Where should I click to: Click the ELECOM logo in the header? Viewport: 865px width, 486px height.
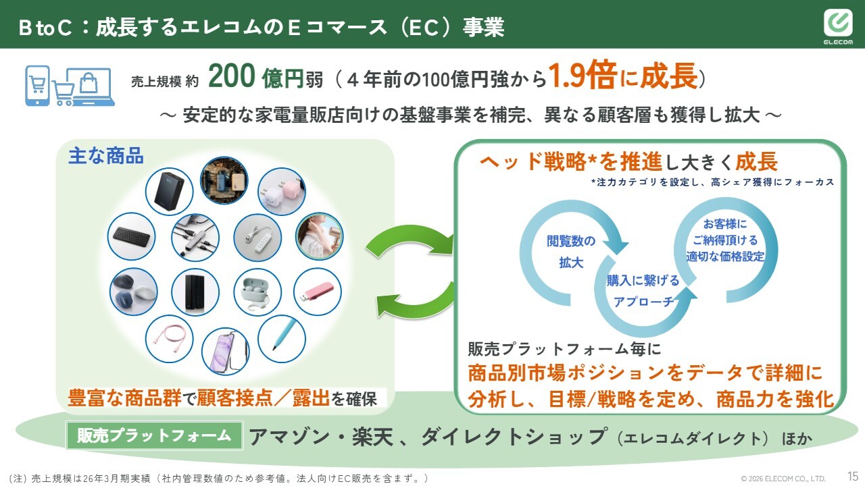click(x=838, y=27)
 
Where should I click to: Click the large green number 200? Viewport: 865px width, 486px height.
click(x=232, y=76)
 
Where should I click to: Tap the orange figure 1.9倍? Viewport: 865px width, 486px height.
click(x=582, y=75)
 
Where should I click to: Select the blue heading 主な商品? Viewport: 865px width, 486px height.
click(x=106, y=156)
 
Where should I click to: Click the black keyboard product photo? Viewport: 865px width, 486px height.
click(x=131, y=236)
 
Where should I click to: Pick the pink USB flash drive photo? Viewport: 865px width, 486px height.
click(x=318, y=292)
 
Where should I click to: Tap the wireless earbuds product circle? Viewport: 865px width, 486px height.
click(x=257, y=292)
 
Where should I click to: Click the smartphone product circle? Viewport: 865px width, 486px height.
click(x=225, y=352)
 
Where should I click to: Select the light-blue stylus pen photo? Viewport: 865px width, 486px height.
click(x=282, y=339)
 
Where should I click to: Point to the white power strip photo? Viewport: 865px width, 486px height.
click(x=257, y=238)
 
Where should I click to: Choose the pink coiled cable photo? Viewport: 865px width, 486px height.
click(x=169, y=339)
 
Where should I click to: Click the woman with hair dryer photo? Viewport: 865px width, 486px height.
click(x=320, y=236)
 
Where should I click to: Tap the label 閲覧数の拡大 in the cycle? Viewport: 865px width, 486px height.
click(x=571, y=252)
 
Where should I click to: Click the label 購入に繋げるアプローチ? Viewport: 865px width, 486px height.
click(x=643, y=291)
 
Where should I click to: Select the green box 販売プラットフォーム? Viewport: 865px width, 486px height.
click(x=155, y=435)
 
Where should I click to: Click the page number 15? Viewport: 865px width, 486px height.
click(x=853, y=476)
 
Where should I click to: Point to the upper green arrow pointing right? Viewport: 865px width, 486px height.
click(x=410, y=236)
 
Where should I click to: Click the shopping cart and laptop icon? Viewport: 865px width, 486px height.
click(x=70, y=86)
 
